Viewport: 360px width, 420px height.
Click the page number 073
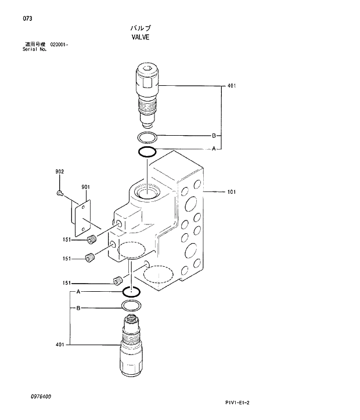(27, 19)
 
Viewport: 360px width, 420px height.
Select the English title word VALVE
(141, 37)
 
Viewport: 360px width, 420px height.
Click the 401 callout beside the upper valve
(232, 86)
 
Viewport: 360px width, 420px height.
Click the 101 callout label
(232, 191)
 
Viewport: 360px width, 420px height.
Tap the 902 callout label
(59, 171)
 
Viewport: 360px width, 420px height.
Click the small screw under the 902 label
(59, 193)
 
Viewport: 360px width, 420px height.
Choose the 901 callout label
(85, 187)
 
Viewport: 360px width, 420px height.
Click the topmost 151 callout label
(67, 238)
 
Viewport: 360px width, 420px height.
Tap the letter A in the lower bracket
(78, 291)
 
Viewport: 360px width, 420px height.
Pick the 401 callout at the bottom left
(60, 345)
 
